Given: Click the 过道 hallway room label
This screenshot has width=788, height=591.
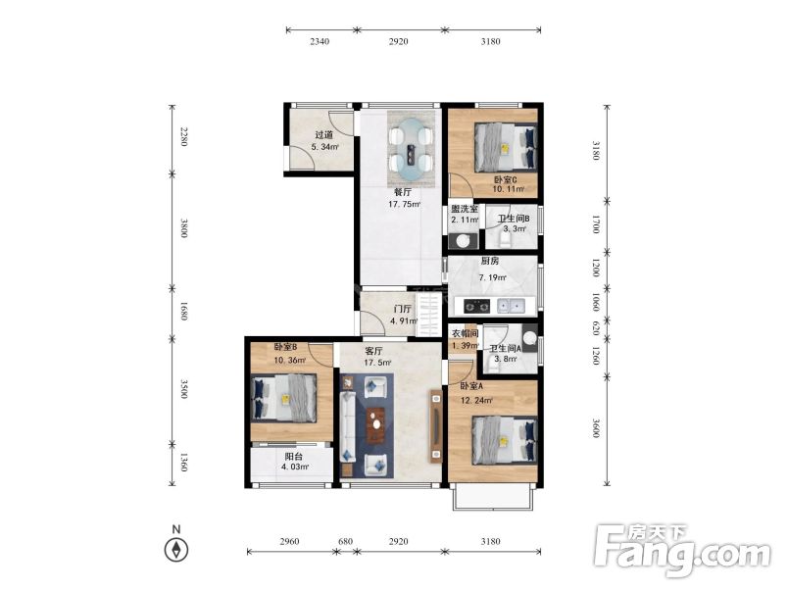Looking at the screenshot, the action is pos(324,134).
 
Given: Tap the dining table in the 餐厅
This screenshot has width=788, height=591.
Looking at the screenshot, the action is pos(411,149).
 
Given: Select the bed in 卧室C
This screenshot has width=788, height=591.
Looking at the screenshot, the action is pos(505,148).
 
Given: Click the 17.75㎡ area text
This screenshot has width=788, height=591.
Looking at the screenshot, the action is pos(404,205).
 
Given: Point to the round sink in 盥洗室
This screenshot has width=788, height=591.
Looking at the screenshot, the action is pos(463,241).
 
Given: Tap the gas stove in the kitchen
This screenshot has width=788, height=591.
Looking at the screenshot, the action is pos(476,306).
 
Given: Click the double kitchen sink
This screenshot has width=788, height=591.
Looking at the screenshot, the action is pos(511,306).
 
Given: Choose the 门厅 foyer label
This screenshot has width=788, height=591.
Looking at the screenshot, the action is pos(403,309).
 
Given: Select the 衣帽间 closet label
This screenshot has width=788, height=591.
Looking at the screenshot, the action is pos(465,333).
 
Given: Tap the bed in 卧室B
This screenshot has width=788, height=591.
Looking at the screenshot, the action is pos(283,398).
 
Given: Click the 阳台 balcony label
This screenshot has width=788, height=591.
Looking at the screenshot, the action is pos(293,457).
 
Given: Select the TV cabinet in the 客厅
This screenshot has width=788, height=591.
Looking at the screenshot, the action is pos(436,426).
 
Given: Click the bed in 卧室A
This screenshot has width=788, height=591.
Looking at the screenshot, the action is pos(505,440).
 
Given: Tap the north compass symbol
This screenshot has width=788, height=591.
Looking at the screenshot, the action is pos(176,549).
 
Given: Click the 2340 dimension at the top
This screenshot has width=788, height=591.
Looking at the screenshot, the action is pos(320,41).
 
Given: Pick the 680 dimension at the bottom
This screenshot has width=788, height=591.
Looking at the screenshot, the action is pos(345,541).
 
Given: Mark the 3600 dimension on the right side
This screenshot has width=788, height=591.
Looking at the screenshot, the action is pos(596,427).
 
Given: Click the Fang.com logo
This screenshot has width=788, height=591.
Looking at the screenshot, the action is pos(682,550).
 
